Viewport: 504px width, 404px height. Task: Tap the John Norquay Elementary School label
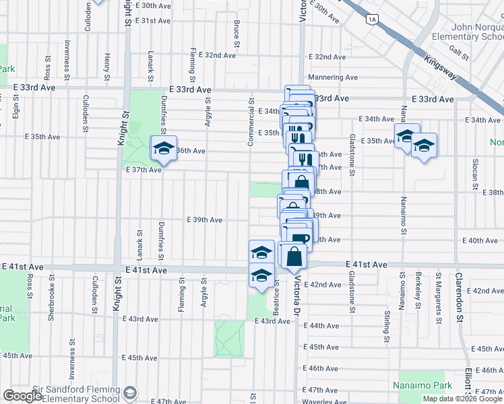tap(468, 32)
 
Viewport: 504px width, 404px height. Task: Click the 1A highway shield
tap(372, 20)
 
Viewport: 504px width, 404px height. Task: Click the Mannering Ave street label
tap(333, 77)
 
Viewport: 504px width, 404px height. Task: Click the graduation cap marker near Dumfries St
tap(163, 148)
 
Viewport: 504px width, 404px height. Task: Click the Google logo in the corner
tap(22, 396)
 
